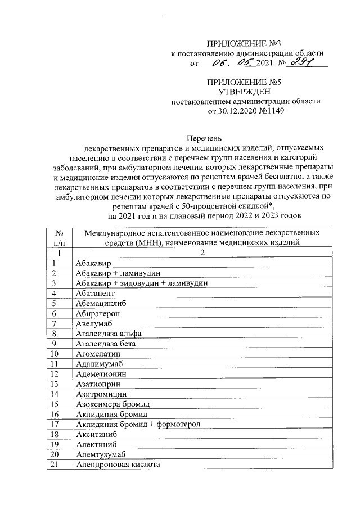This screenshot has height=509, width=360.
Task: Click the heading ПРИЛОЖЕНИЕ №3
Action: pyautogui.click(x=244, y=43)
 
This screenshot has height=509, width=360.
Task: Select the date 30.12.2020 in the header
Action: pyautogui.click(x=235, y=111)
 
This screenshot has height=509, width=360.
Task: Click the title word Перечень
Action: pyautogui.click(x=205, y=137)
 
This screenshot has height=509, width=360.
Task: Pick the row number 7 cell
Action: pyautogui.click(x=55, y=323)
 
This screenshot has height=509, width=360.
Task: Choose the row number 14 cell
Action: pyautogui.click(x=55, y=394)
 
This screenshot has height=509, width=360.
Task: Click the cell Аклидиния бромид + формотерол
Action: pyautogui.click(x=137, y=424)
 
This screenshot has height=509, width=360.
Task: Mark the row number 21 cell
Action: pyautogui.click(x=55, y=465)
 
